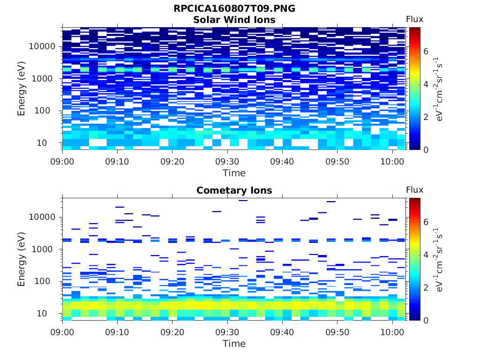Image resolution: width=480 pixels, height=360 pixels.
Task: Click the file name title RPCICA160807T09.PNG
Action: pyautogui.click(x=234, y=8)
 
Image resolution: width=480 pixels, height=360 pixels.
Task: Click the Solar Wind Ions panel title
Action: pyautogui.click(x=234, y=20)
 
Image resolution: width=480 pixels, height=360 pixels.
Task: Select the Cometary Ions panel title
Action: pyautogui.click(x=234, y=190)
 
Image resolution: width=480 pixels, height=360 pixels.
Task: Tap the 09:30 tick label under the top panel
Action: pyautogui.click(x=227, y=161)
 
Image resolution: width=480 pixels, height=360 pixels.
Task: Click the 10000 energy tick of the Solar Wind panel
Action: pyautogui.click(x=43, y=46)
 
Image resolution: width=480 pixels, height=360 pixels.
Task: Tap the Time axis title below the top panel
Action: pyautogui.click(x=234, y=173)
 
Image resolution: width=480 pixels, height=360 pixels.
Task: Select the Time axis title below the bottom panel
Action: pyautogui.click(x=234, y=344)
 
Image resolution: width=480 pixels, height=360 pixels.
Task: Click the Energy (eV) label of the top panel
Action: pyautogui.click(x=22, y=88)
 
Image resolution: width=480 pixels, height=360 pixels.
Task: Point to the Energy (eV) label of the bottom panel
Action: pyautogui.click(x=22, y=259)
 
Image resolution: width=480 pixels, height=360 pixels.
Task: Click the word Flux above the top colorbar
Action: pyautogui.click(x=414, y=19)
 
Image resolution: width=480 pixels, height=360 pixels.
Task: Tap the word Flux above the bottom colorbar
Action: pyautogui.click(x=414, y=190)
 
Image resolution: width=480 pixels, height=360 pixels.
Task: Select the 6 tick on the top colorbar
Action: pyautogui.click(x=426, y=52)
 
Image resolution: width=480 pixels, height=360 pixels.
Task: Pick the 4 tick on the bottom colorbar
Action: pyautogui.click(x=426, y=255)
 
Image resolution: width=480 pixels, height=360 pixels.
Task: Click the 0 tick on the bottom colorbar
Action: pyautogui.click(x=426, y=320)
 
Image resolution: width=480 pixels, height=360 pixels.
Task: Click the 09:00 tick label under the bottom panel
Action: pyautogui.click(x=63, y=332)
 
